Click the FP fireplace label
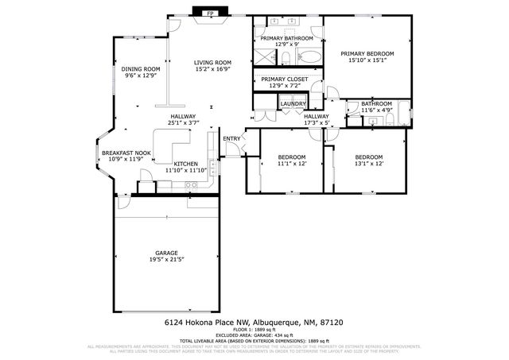pos(211,14)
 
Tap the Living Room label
pos(213,62)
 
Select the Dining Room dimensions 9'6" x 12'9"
pos(141,76)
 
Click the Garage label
pos(166,253)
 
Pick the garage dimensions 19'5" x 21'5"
pos(166,260)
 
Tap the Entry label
pos(231,139)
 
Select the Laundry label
pos(293,103)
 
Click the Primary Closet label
pos(285,79)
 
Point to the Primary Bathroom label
pos(288,37)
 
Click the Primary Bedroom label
pos(368,53)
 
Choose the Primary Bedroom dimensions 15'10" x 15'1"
pos(368,60)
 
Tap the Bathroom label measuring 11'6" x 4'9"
pos(376,103)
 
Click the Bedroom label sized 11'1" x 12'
pos(291,157)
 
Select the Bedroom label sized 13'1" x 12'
pos(369,157)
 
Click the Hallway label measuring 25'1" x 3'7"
pos(182,117)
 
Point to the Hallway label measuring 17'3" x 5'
pos(316,117)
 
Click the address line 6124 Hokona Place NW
pos(254,323)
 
